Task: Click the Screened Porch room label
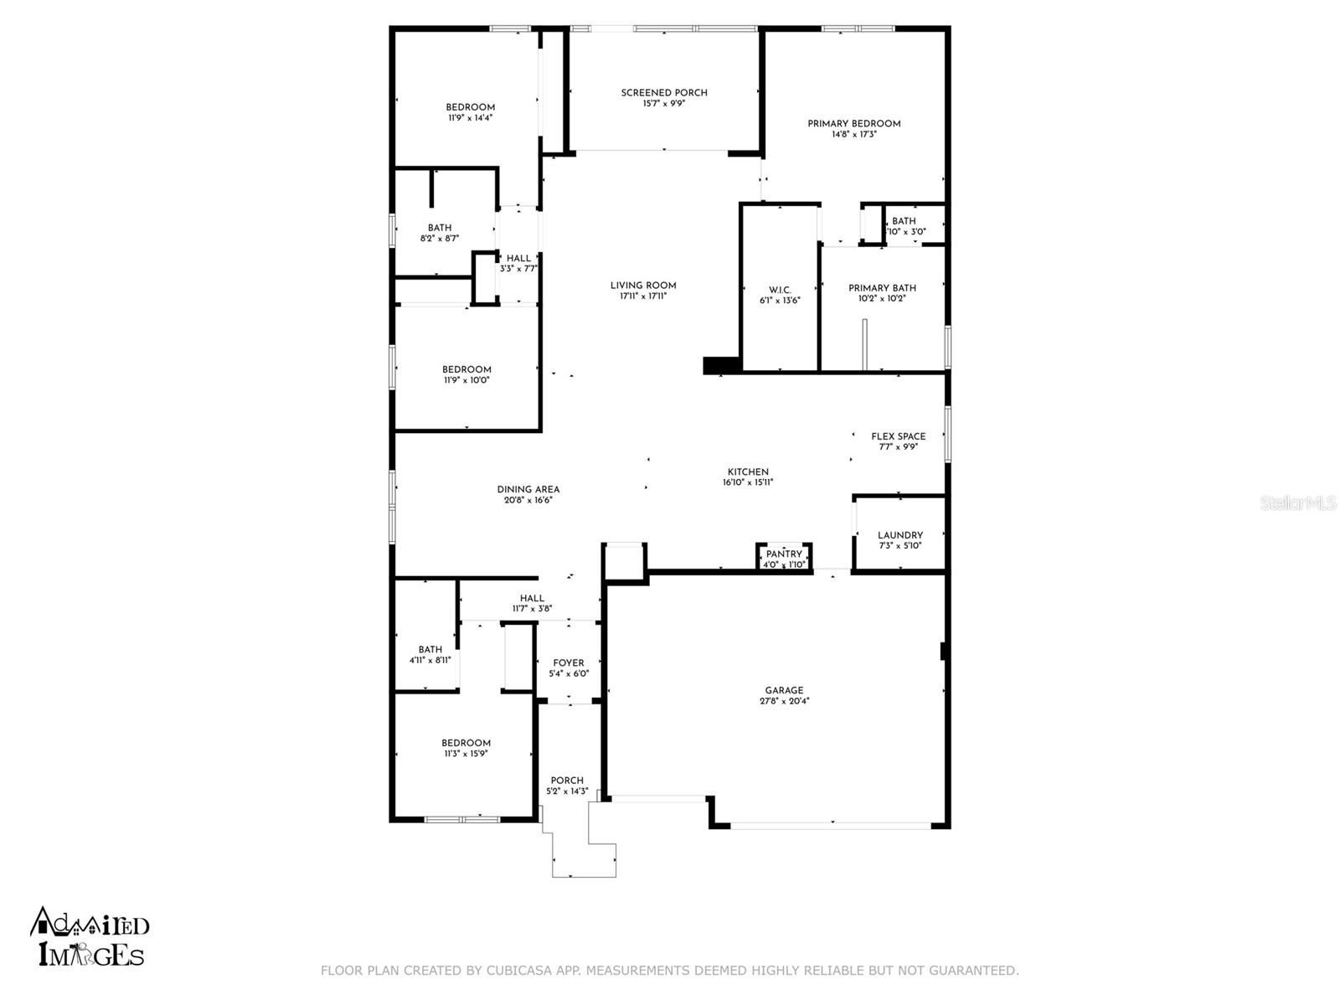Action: [x=663, y=93]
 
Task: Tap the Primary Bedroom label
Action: [x=853, y=124]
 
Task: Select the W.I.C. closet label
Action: [x=780, y=290]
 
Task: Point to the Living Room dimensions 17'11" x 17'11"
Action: [x=643, y=296]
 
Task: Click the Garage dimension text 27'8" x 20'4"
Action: [x=785, y=701]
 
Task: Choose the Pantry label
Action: [x=784, y=554]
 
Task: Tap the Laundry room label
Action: [x=899, y=535]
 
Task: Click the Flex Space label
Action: [x=898, y=436]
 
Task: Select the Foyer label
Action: [x=569, y=663]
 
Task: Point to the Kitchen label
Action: [x=748, y=472]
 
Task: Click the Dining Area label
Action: [x=528, y=489]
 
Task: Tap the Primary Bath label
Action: [x=882, y=288]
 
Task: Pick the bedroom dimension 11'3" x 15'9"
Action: [x=466, y=754]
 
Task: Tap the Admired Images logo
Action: [x=90, y=936]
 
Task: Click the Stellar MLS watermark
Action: [x=1298, y=503]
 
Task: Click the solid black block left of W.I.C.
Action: [x=722, y=365]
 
